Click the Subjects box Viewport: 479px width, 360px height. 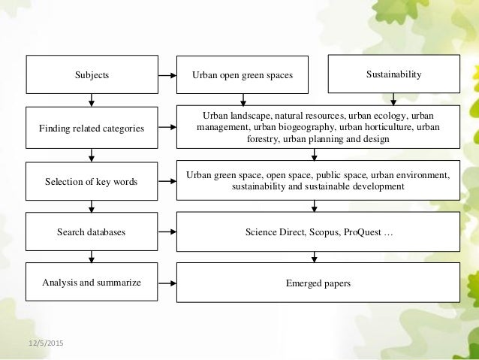pos(92,75)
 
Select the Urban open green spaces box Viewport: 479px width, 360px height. pos(243,75)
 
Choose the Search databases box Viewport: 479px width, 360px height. pos(92,232)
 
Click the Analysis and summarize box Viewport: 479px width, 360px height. pos(92,283)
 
